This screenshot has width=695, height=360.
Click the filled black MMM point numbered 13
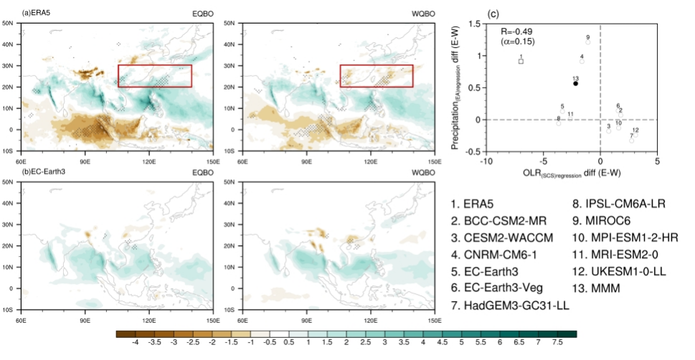click(575, 84)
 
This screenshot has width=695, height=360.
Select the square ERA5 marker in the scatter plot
click(521, 62)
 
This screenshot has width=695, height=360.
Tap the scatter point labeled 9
click(587, 42)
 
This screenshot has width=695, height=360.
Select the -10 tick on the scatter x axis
click(486, 162)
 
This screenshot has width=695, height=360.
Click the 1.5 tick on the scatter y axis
click(474, 24)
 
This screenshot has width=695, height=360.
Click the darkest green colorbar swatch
click(569, 333)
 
